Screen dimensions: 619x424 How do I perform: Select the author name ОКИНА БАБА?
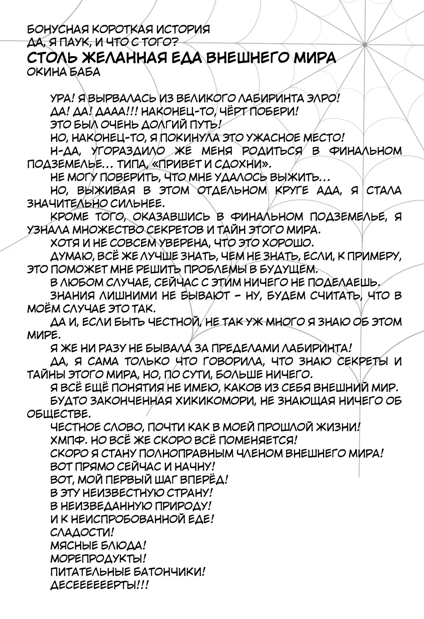click(x=64, y=72)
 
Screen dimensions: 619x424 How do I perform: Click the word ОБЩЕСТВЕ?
click(x=58, y=414)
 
